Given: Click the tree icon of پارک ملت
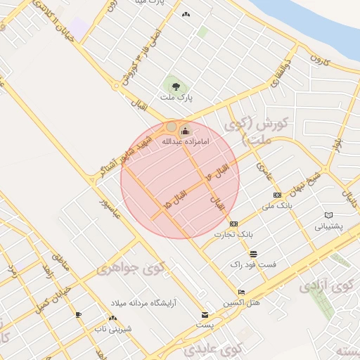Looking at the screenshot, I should tap(175, 87).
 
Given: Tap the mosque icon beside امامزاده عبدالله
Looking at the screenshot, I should tap(186, 130).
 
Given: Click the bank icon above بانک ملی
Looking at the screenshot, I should tap(277, 195).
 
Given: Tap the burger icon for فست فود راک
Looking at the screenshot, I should tap(253, 254).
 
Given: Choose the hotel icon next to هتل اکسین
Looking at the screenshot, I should tap(242, 292).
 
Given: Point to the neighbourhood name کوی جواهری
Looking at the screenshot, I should tap(131, 267).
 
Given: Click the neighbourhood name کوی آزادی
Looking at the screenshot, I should tap(326, 287).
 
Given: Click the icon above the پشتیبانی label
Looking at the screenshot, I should tap(328, 215).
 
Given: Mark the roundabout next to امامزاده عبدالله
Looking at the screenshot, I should tap(172, 127).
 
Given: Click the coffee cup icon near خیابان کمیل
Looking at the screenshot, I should tap(78, 314).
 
